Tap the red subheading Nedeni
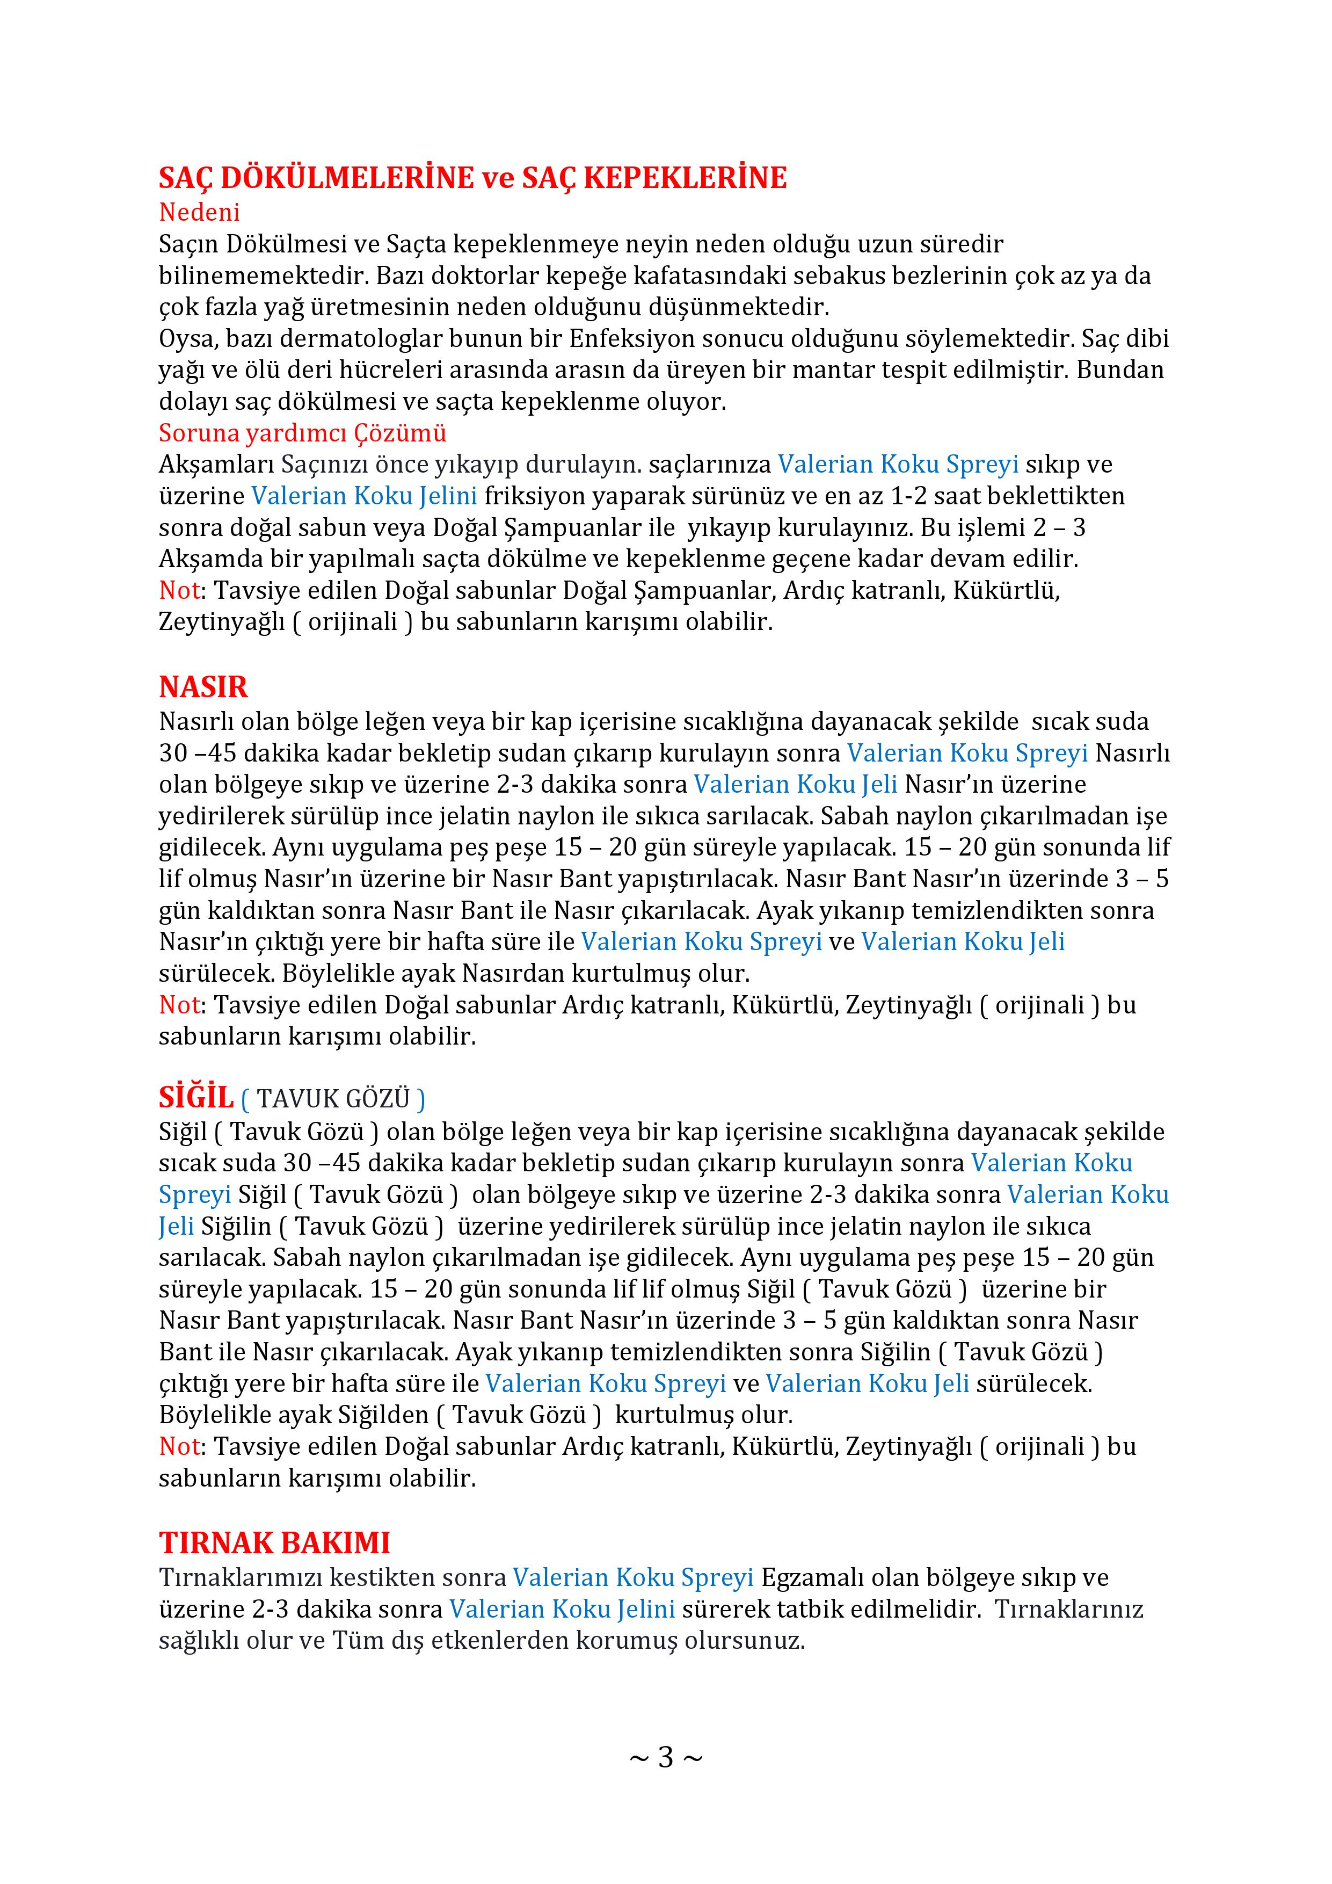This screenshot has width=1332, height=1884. click(x=199, y=213)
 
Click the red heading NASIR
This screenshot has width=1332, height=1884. click(x=203, y=687)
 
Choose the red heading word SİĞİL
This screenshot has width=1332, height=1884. click(x=196, y=1097)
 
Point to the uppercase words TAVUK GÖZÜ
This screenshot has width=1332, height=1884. click(x=333, y=1099)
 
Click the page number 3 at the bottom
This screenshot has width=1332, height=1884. click(x=665, y=1757)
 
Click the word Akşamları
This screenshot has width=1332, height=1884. click(x=216, y=465)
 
